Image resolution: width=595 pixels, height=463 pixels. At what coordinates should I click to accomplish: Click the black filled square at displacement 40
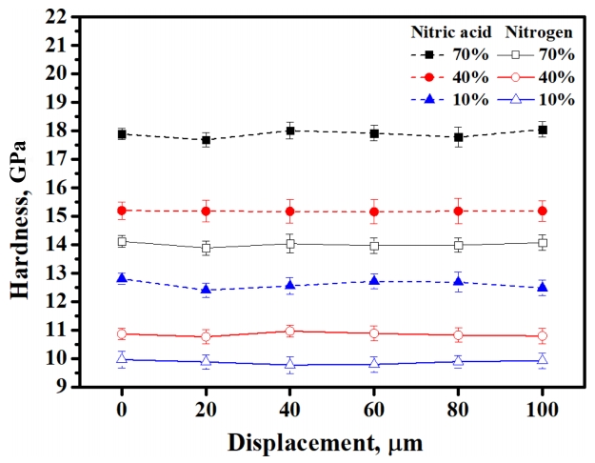(290, 131)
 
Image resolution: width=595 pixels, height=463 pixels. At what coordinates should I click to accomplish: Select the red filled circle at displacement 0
(122, 210)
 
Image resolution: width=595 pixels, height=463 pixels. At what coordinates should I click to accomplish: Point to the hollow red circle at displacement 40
(290, 331)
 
